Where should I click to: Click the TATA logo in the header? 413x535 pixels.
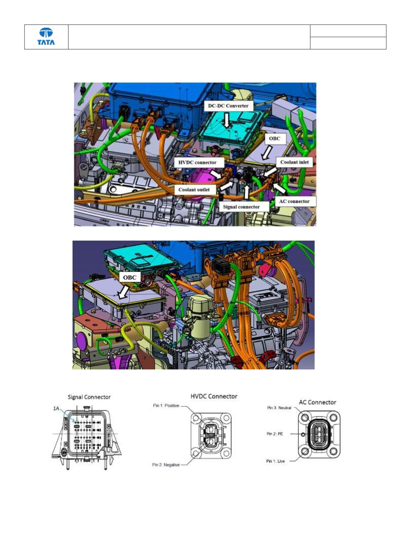click(46, 36)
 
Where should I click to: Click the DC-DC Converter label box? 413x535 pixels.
click(228, 106)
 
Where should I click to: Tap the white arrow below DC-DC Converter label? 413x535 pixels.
click(227, 120)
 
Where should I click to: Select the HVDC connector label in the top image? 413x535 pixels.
click(197, 163)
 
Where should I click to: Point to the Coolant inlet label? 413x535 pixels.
click(294, 162)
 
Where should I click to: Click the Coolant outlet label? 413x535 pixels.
click(194, 190)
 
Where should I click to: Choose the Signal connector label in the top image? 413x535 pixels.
click(241, 207)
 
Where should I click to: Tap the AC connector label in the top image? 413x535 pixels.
click(294, 202)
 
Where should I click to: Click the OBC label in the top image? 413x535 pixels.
click(274, 139)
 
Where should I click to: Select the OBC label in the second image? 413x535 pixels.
click(130, 277)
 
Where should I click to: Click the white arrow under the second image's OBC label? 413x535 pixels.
click(123, 292)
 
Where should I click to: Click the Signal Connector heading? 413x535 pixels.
click(89, 397)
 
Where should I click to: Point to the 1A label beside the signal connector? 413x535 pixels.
click(56, 408)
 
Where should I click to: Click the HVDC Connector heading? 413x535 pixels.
click(214, 396)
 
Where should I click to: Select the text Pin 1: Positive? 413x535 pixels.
click(166, 405)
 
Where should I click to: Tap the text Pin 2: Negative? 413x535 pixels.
click(166, 465)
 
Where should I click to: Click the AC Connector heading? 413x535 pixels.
click(318, 402)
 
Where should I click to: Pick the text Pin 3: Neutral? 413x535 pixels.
click(279, 408)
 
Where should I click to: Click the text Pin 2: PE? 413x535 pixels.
click(275, 434)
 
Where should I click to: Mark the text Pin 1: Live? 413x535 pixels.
click(275, 461)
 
